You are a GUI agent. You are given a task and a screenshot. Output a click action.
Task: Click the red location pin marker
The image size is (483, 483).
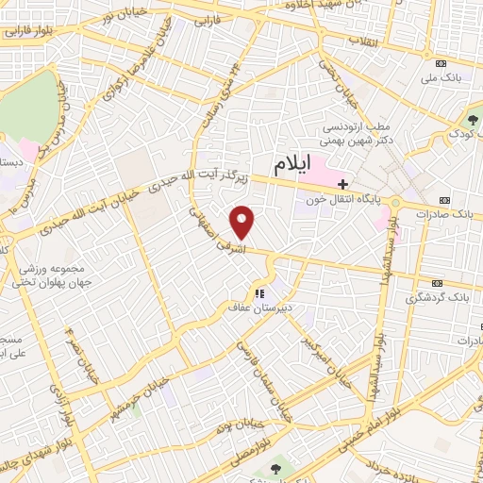point(243,223)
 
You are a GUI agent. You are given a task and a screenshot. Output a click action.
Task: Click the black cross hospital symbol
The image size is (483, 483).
point(344,184)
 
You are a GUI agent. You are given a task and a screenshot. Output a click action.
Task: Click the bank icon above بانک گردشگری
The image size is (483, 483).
point(437,282)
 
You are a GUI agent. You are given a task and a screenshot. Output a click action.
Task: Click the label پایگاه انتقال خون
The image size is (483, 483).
point(354,200)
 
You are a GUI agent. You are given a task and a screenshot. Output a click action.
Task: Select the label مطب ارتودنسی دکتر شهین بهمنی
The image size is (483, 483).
point(355,134)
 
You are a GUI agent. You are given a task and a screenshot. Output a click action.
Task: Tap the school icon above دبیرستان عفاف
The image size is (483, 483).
point(260,293)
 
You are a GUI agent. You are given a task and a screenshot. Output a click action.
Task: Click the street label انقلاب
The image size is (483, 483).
point(362,42)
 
